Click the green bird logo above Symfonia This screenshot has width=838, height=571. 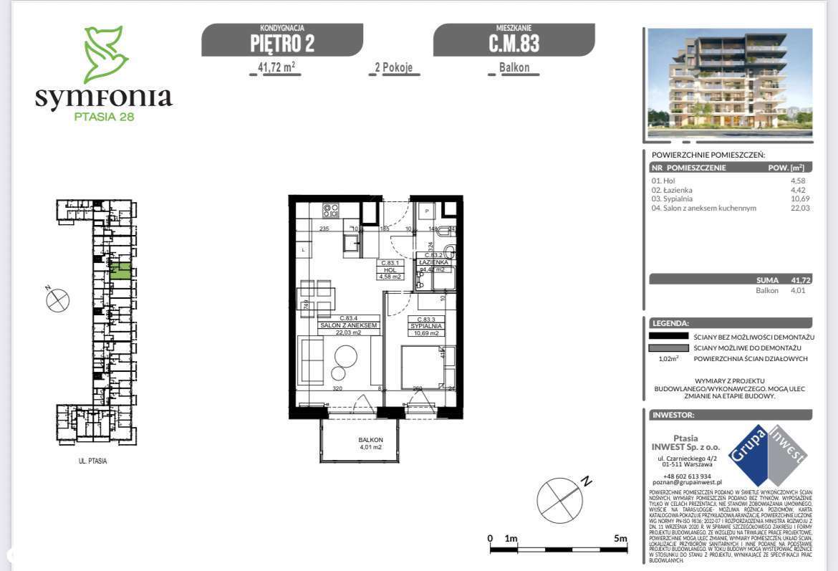pyautogui.click(x=105, y=54)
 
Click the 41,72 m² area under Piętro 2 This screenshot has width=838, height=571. pyautogui.click(x=276, y=68)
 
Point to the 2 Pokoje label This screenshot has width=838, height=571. pyautogui.click(x=394, y=68)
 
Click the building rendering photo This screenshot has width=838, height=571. pyautogui.click(x=730, y=82)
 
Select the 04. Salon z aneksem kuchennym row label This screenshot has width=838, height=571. pyautogui.click(x=704, y=208)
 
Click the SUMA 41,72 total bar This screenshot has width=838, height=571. pyautogui.click(x=730, y=280)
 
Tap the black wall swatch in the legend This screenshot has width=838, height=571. pyautogui.click(x=668, y=336)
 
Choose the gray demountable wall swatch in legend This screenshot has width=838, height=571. pyautogui.click(x=668, y=347)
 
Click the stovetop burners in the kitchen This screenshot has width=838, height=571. pyautogui.click(x=332, y=211)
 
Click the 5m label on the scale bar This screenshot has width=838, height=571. pyautogui.click(x=620, y=538)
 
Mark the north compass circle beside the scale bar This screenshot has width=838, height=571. pyautogui.click(x=559, y=499)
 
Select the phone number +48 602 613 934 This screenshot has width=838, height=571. pyautogui.click(x=686, y=476)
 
